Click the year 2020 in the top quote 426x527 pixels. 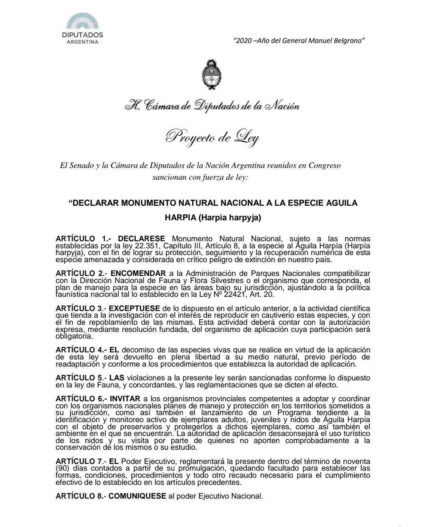242,40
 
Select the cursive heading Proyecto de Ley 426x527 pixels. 212,137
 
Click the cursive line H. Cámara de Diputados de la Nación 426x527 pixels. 212,106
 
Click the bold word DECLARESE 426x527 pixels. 141,238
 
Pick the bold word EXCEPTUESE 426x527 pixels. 135,308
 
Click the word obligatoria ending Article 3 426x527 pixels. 74,337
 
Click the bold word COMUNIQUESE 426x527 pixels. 137,496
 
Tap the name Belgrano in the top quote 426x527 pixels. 351,40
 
